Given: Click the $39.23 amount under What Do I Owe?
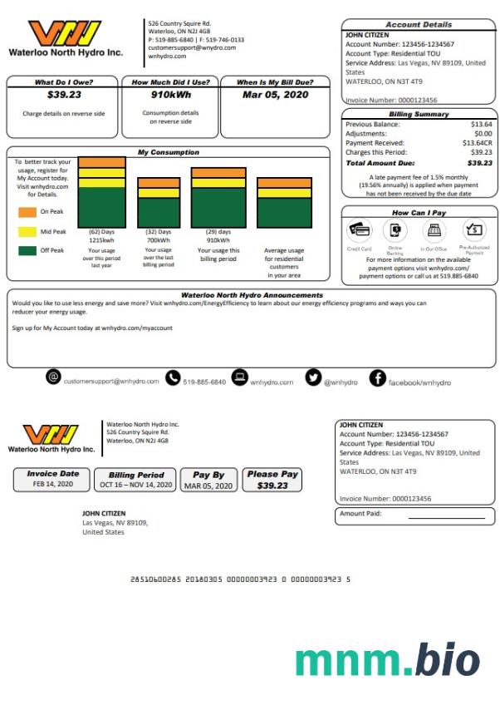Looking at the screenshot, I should [x=63, y=95].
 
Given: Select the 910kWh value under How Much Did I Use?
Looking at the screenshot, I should [x=170, y=95].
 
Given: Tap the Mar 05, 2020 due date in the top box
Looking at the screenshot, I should [x=275, y=95].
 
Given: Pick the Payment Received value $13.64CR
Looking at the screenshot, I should [x=475, y=143].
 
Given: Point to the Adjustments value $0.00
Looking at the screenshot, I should [x=483, y=133].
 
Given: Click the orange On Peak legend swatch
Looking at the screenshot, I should [x=27, y=212].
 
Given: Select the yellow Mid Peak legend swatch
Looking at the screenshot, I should [x=27, y=231].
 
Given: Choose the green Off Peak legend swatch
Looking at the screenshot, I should [x=27, y=249].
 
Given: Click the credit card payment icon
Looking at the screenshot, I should [x=360, y=229].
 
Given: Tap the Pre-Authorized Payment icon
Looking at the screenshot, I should [x=474, y=229].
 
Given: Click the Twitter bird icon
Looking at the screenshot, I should [x=313, y=378].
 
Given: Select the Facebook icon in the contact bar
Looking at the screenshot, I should [x=377, y=378].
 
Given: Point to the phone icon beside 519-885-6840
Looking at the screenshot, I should [x=173, y=378].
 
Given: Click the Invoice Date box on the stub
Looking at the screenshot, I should [x=53, y=479].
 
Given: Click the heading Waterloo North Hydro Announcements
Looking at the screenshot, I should [x=252, y=295].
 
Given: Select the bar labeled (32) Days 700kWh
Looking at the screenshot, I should [x=159, y=202].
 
